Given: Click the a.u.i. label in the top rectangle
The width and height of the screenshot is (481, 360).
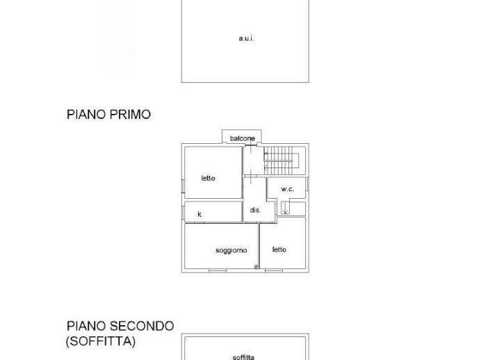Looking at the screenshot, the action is (246, 39).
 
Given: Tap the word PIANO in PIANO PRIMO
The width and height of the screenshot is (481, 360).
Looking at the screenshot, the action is (86, 115).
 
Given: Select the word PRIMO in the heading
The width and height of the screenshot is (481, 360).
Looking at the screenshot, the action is (130, 115).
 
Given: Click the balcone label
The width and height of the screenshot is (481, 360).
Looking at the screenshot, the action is (243, 138).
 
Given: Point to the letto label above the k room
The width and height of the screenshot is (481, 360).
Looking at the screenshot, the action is (208, 178).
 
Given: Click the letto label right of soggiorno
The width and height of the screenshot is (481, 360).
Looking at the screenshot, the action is (279, 249).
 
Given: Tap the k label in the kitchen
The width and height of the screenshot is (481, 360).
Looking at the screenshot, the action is (199, 214).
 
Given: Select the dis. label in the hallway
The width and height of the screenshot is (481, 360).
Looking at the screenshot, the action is (255, 210).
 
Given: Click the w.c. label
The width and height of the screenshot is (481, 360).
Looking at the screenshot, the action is (288, 189).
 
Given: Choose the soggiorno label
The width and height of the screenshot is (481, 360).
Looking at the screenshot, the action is (231, 250).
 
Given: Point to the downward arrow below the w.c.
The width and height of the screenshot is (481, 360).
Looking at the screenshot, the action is (285, 208).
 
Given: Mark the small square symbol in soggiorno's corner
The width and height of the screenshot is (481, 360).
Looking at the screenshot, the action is (256, 267).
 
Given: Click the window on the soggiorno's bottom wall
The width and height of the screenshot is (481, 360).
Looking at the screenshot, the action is (218, 271).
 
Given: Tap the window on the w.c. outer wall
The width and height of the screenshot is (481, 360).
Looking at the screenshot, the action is (307, 183).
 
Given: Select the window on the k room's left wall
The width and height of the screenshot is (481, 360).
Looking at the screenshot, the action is (183, 213).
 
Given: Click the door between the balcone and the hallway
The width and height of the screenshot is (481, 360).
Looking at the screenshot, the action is (251, 145).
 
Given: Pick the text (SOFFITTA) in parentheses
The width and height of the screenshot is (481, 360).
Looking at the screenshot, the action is (101, 341).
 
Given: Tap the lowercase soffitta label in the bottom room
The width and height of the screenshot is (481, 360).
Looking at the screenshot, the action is (243, 357).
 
